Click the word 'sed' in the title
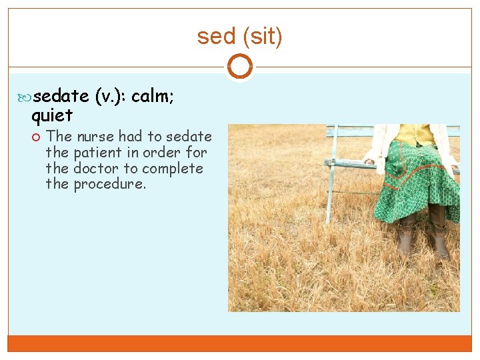pyautogui.click(x=212, y=37)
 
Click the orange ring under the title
pyautogui.click(x=239, y=67)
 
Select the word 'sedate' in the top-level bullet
pyautogui.click(x=61, y=98)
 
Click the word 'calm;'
pyautogui.click(x=153, y=98)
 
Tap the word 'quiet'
pyautogui.click(x=52, y=117)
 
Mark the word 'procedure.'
pyautogui.click(x=109, y=185)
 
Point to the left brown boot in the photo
pyautogui.click(x=405, y=237)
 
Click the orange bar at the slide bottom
pyautogui.click(x=239, y=343)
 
